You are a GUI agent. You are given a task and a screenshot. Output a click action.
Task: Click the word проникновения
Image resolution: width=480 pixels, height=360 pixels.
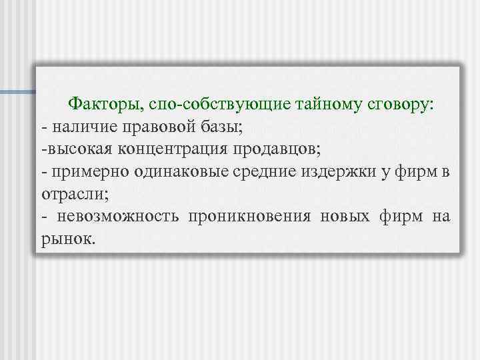[249, 216]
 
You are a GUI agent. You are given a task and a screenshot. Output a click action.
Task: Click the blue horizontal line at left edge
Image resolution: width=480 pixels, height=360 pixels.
[17, 91]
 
